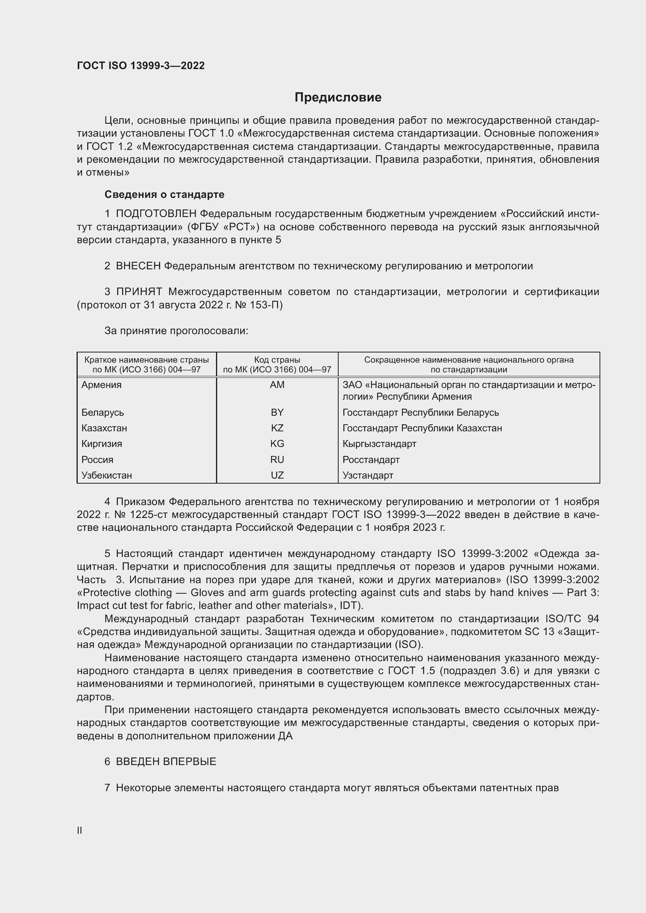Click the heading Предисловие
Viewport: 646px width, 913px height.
click(x=338, y=98)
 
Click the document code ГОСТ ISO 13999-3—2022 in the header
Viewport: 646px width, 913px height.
click(x=141, y=66)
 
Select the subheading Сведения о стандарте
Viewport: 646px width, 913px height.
click(x=164, y=194)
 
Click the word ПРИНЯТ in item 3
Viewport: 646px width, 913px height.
click(x=139, y=292)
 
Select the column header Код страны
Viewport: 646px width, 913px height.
click(x=277, y=360)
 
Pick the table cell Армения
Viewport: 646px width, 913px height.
click(x=102, y=385)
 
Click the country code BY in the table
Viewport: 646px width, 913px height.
click(x=277, y=412)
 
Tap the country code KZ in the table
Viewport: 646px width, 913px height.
click(x=277, y=428)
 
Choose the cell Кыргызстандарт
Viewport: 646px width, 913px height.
click(x=379, y=444)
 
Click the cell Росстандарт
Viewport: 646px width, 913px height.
click(x=371, y=460)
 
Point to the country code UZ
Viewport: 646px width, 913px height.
click(x=277, y=475)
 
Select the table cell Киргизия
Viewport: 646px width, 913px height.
click(x=102, y=444)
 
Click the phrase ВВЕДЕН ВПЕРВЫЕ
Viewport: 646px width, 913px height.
click(x=166, y=762)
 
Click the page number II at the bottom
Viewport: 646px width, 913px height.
click(x=80, y=830)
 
